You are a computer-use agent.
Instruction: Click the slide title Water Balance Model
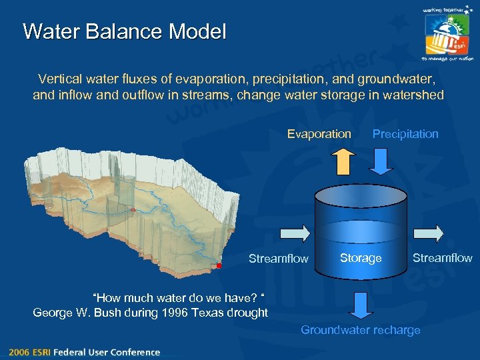(x=125, y=31)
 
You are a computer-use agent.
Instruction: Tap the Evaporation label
(x=319, y=134)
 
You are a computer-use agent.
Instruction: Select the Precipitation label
(x=405, y=134)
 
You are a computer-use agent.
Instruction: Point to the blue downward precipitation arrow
(x=383, y=161)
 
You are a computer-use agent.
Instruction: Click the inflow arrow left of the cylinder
(x=296, y=233)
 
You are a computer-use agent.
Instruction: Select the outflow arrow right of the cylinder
(x=429, y=233)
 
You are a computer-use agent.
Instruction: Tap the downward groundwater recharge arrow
(x=361, y=304)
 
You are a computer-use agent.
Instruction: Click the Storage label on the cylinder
(x=361, y=258)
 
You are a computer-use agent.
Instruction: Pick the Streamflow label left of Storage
(x=279, y=259)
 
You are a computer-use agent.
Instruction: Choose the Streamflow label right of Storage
(x=442, y=258)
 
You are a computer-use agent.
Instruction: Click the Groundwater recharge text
(x=361, y=330)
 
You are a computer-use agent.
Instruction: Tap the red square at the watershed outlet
(x=219, y=266)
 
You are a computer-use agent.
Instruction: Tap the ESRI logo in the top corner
(x=447, y=35)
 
